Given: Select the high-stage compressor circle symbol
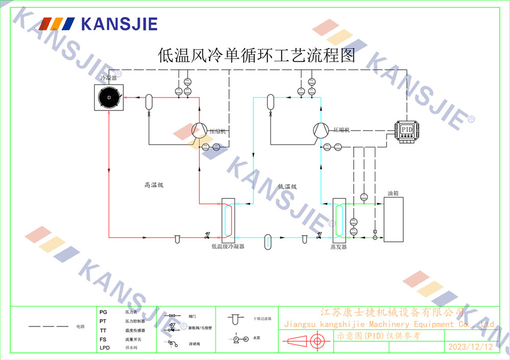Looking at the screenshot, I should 199,131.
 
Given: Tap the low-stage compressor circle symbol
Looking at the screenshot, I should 320,130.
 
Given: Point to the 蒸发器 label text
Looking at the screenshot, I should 338,247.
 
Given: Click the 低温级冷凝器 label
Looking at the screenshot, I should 227,246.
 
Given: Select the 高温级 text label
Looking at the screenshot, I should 154,186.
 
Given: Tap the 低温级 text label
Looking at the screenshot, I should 287,187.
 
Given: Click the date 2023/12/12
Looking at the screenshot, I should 470,347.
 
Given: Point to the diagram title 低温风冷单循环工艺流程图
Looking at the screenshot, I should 257,55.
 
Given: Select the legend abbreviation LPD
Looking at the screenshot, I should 104,348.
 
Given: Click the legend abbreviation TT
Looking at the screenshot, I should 103,330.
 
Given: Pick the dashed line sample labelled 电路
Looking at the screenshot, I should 48,326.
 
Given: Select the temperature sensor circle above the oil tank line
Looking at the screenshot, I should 364,197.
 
